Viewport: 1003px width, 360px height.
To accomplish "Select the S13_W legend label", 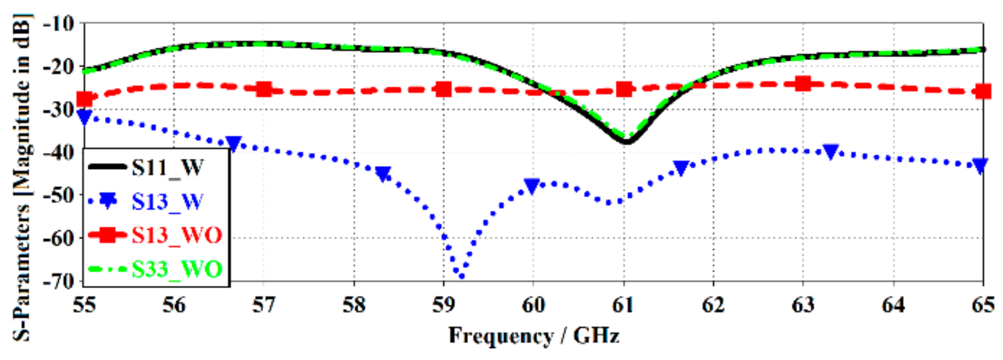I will point(167,202).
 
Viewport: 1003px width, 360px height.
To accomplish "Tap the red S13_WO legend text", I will point(177,235).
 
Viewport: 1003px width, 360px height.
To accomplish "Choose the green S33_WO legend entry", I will point(177,269).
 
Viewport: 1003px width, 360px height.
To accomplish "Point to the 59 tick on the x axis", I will point(444,305).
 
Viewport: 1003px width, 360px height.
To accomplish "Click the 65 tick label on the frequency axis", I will point(983,305).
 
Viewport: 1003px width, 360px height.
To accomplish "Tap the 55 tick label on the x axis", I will point(84,305).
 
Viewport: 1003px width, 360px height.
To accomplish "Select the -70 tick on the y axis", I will point(58,281).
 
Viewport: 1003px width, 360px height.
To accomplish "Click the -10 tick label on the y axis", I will point(58,23).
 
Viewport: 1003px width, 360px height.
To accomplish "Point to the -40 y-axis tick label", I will point(58,152).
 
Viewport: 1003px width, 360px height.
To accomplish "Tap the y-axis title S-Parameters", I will point(21,177).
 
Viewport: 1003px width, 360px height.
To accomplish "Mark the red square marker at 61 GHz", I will point(624,90).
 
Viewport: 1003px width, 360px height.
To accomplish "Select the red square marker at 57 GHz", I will point(264,90).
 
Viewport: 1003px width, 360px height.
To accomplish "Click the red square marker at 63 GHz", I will point(803,83).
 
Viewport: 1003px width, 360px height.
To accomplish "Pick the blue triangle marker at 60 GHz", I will point(532,186).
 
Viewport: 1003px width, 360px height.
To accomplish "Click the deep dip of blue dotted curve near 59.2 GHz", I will point(461,276).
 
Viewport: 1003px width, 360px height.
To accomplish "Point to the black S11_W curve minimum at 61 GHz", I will point(626,142).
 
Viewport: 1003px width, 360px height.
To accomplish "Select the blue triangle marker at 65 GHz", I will point(980,166).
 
